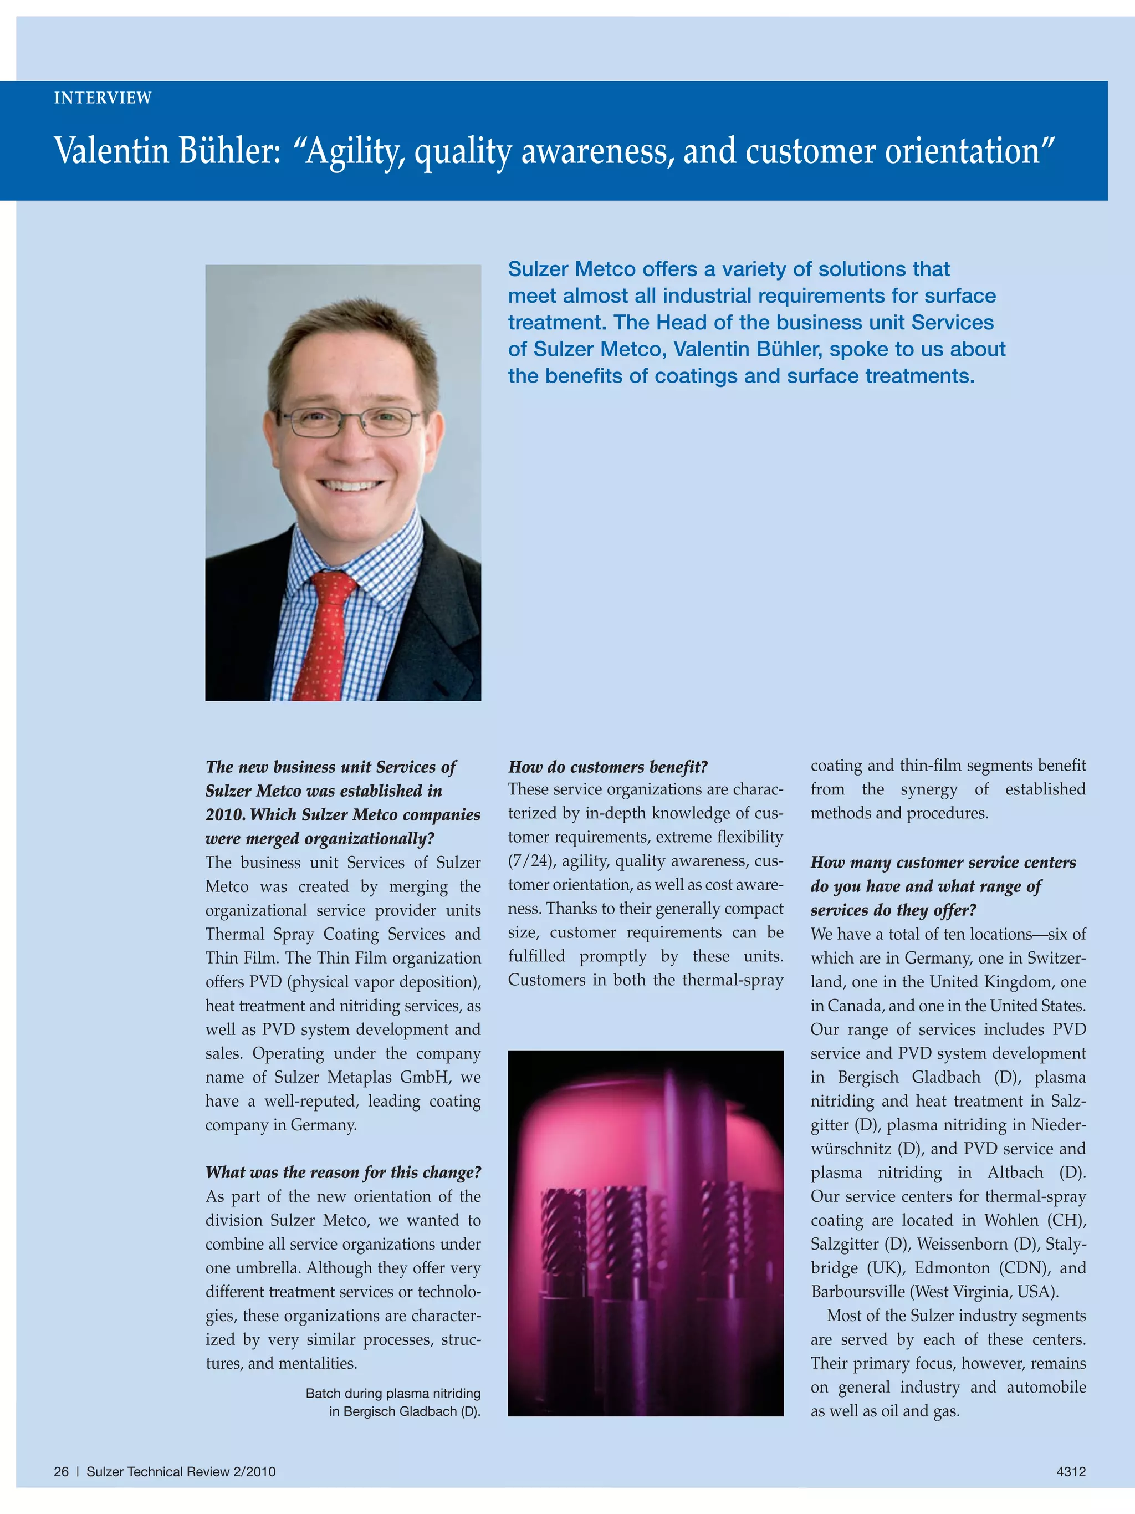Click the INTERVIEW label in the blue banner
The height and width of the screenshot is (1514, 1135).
point(103,98)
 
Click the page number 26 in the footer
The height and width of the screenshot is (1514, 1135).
point(61,1471)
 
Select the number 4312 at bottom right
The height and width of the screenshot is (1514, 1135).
point(1071,1471)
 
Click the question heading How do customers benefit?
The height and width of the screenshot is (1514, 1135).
point(607,767)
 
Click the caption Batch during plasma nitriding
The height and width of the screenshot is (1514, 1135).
point(393,1393)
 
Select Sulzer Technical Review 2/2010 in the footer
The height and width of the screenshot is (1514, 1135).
point(181,1471)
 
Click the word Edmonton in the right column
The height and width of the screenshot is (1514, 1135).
point(952,1268)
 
